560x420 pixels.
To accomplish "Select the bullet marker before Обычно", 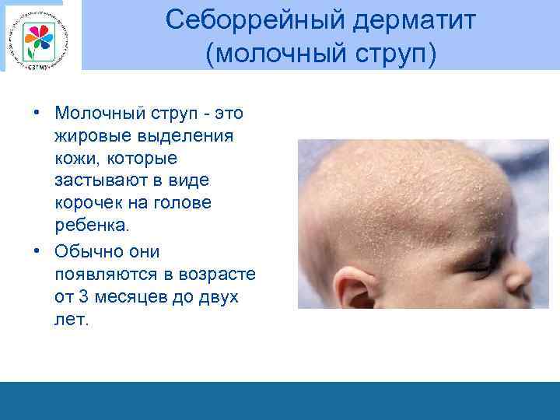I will click(x=37, y=251).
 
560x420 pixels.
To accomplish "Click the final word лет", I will click(x=72, y=320).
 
